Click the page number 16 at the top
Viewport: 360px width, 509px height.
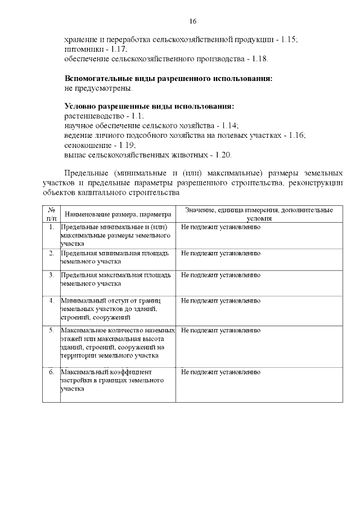tap(192, 21)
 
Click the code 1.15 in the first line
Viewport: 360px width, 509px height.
tap(289, 39)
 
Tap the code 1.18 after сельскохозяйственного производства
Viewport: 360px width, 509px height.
tap(259, 58)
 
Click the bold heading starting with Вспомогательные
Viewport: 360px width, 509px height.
tap(169, 78)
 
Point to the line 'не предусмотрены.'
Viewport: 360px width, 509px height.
tap(99, 88)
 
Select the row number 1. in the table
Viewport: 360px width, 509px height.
tap(52, 227)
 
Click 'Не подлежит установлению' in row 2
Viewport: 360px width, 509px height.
tap(220, 254)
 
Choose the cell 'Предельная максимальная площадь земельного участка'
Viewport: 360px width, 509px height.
tap(116, 279)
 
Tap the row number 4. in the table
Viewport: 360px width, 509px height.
tap(52, 301)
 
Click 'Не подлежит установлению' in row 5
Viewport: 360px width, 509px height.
tap(220, 330)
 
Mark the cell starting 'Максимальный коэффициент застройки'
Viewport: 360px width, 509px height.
tap(112, 381)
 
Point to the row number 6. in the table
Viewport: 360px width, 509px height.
tap(52, 372)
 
